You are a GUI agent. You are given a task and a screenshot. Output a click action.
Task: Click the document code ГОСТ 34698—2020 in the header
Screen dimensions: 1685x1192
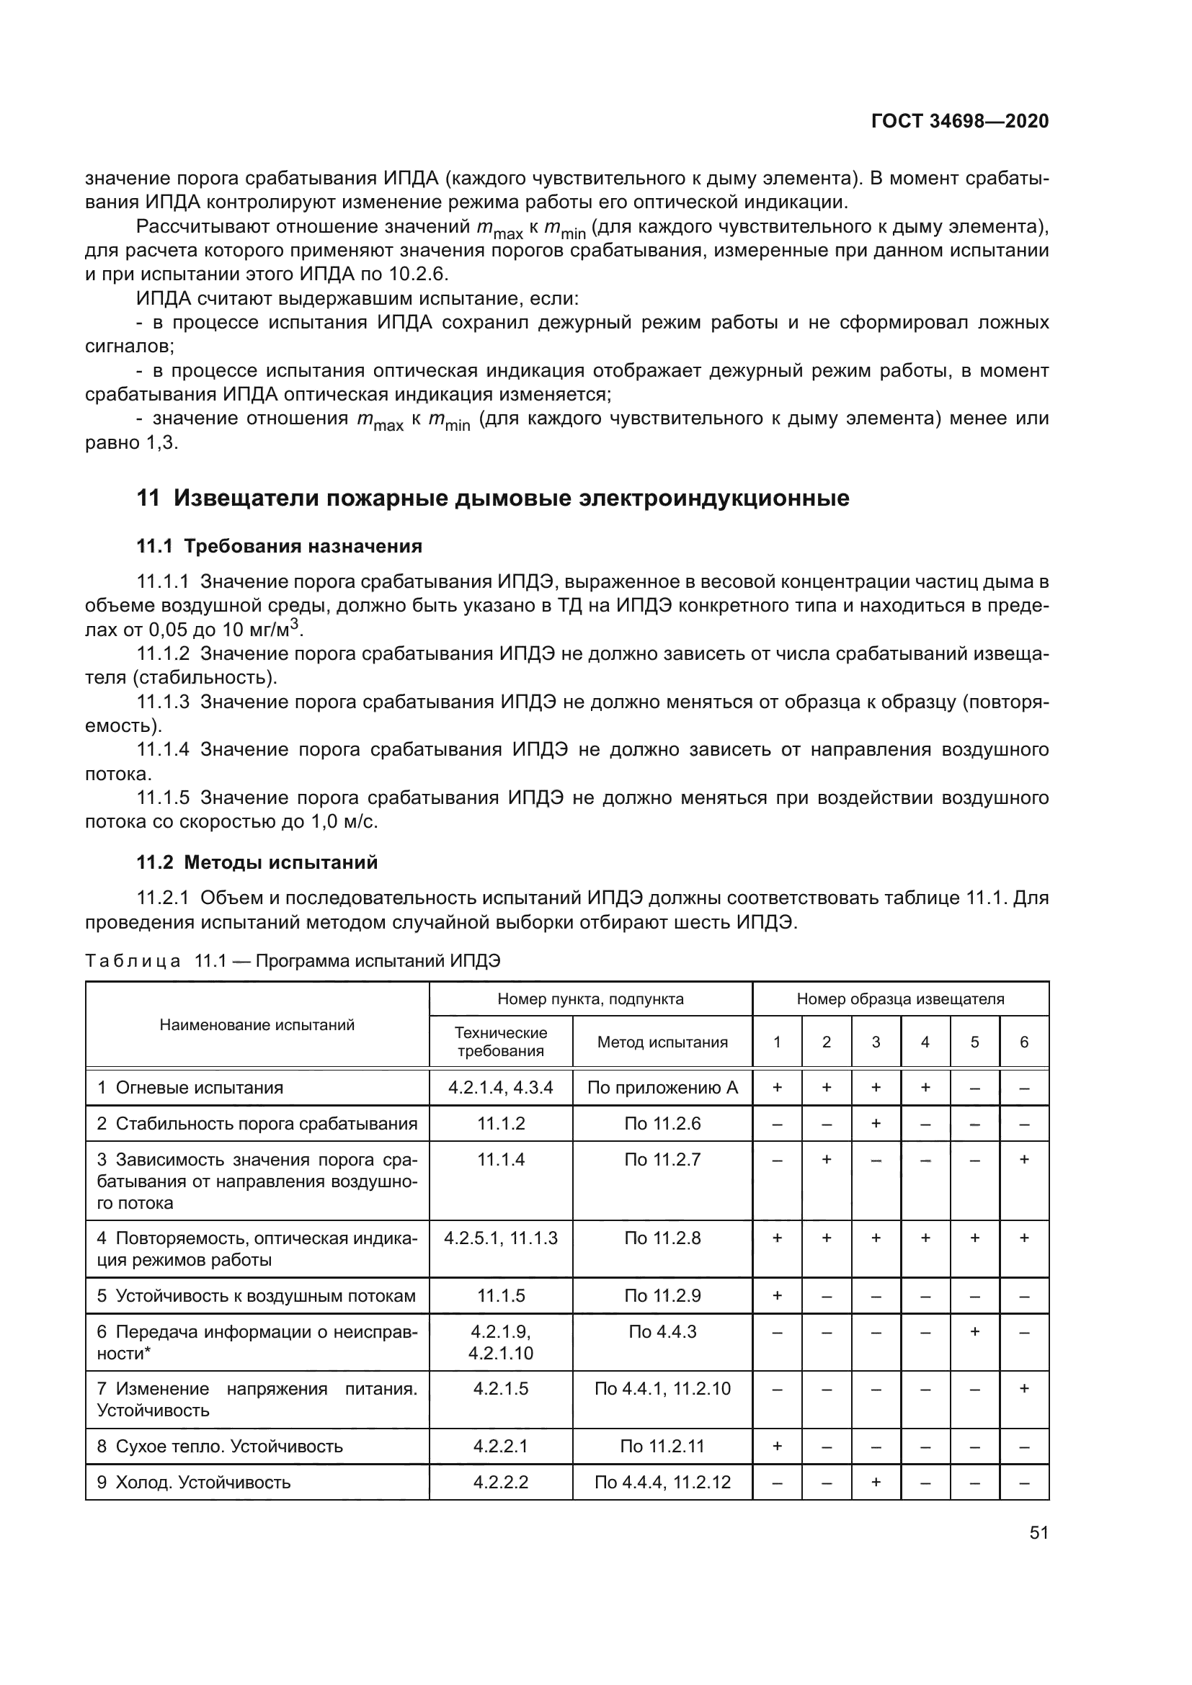[x=959, y=121]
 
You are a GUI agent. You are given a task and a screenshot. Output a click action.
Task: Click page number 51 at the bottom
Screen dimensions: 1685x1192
[x=1038, y=1532]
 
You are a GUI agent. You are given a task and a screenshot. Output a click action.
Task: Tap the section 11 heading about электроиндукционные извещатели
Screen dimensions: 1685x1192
[x=492, y=499]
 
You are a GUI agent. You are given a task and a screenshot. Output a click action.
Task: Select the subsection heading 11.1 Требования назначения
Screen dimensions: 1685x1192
[x=279, y=546]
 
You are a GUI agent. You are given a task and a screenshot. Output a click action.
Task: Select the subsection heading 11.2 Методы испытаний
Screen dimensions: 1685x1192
[x=257, y=862]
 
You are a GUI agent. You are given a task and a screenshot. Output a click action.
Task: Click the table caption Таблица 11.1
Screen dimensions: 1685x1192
[x=292, y=961]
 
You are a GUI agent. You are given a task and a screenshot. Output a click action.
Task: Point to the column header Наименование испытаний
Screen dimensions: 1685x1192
[x=257, y=1025]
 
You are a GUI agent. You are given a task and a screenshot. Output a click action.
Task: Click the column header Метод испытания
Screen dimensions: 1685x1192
[x=662, y=1042]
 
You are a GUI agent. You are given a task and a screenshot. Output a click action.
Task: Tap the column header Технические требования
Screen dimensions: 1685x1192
[x=501, y=1042]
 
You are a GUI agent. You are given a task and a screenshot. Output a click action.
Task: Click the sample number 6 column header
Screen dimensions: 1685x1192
[x=1024, y=1042]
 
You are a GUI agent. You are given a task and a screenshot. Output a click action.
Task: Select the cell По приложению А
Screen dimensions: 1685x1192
[x=662, y=1088]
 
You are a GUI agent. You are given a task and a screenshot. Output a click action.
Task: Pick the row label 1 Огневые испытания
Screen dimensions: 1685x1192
[x=191, y=1088]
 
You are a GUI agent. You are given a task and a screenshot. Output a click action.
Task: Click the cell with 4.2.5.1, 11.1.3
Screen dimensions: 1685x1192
[x=501, y=1238]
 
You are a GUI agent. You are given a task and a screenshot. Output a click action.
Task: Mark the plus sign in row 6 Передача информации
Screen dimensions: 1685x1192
[x=975, y=1331]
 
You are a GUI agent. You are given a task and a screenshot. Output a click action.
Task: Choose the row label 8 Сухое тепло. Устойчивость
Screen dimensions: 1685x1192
[x=221, y=1447]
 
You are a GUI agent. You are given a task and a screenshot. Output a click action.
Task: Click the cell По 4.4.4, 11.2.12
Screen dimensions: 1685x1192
[x=662, y=1483]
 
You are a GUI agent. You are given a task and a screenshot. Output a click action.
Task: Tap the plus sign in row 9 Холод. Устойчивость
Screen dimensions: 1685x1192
[x=876, y=1483]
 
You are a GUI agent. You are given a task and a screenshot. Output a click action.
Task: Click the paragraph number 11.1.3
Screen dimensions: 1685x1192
[x=163, y=702]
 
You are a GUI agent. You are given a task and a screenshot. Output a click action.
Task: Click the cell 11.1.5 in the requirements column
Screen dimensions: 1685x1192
[x=501, y=1295]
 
